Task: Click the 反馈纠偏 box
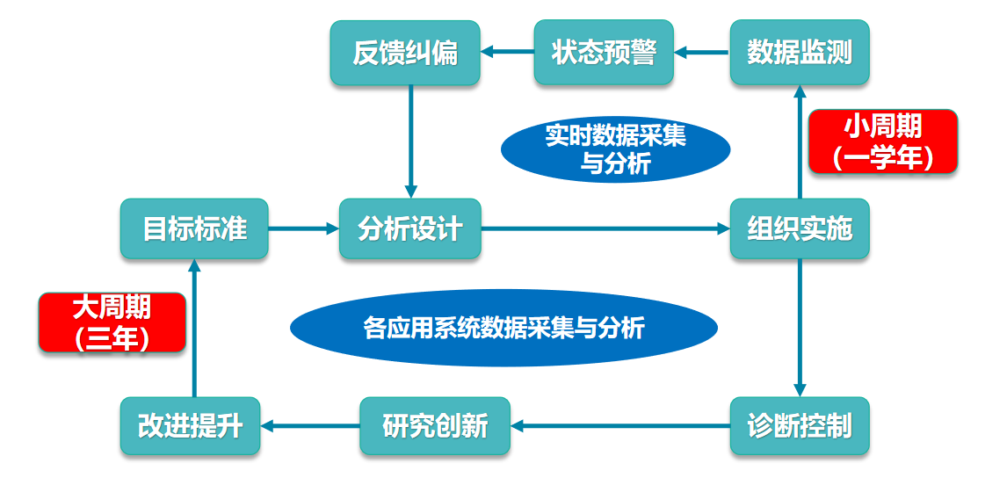405,54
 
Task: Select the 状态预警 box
604,54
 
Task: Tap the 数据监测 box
800,54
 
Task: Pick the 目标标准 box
194,229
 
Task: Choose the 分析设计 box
410,229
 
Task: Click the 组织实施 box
800,229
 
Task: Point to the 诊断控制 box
800,426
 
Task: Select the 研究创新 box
435,426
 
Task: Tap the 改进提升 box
191,426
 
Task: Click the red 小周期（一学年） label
882,141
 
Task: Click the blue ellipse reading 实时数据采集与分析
615,149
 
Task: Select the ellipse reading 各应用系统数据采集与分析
503,328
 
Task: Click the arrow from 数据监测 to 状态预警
702,54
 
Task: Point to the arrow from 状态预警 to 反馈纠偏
507,54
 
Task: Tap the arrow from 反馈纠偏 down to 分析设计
410,141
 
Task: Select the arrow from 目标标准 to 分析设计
303,229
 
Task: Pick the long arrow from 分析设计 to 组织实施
606,229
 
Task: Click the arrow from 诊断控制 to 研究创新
620,426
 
